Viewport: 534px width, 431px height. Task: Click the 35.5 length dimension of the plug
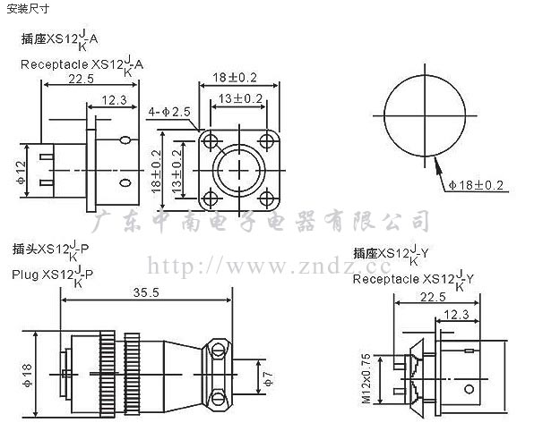[146, 292]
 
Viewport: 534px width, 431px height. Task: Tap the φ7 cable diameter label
[269, 378]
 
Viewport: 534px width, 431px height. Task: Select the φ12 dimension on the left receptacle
[21, 173]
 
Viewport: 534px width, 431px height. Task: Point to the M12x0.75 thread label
[366, 378]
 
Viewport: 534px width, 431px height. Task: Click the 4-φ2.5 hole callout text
[169, 112]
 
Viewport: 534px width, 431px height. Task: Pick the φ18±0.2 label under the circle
[476, 185]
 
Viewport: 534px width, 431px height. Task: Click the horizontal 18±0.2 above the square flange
[235, 78]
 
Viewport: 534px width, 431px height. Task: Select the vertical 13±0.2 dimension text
[177, 172]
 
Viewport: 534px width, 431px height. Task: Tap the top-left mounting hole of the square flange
[211, 140]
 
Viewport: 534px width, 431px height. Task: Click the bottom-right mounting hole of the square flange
[267, 198]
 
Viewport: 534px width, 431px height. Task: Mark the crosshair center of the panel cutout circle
[425, 115]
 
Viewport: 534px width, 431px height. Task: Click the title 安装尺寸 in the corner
[28, 9]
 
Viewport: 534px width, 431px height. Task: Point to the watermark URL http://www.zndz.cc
[269, 266]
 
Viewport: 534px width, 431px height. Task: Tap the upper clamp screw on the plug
[218, 350]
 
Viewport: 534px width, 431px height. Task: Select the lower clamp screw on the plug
[218, 399]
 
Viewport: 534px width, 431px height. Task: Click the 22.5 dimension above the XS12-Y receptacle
[433, 297]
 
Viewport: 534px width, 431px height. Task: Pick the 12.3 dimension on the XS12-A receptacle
[114, 100]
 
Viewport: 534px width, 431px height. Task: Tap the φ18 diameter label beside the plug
[27, 376]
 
